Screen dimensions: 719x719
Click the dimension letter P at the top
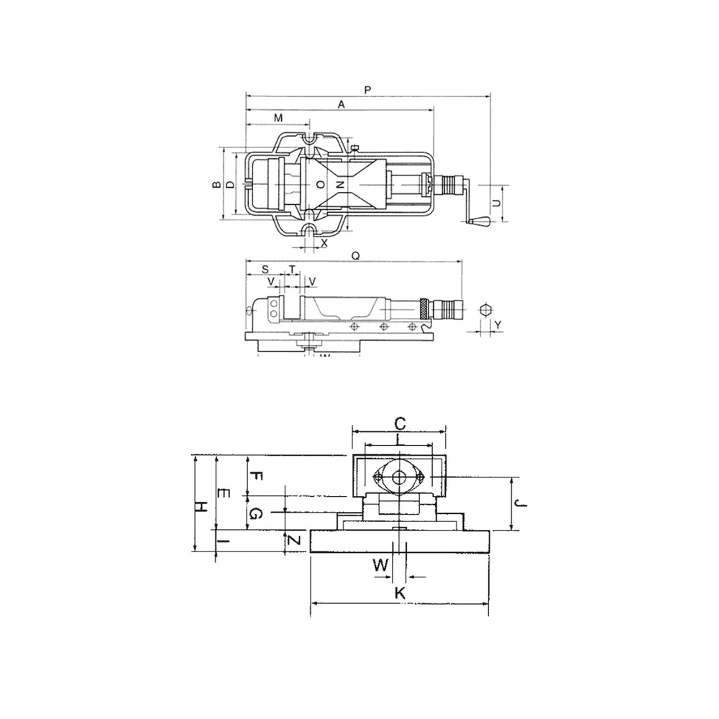pyautogui.click(x=367, y=90)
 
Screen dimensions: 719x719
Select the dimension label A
pyautogui.click(x=342, y=104)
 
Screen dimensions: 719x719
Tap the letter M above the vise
pyautogui.click(x=278, y=117)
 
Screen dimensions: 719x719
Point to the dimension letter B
pyautogui.click(x=215, y=185)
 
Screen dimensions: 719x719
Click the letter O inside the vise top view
pyautogui.click(x=321, y=185)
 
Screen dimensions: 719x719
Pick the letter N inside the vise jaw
pyautogui.click(x=342, y=185)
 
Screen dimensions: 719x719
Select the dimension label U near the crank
pyautogui.click(x=496, y=203)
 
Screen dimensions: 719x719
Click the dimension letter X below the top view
pyautogui.click(x=324, y=243)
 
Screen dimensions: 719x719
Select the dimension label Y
pyautogui.click(x=497, y=325)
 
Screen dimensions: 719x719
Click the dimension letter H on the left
pyautogui.click(x=203, y=505)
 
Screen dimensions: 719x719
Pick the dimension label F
pyautogui.click(x=257, y=477)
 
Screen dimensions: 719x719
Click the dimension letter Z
pyautogui.click(x=292, y=540)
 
